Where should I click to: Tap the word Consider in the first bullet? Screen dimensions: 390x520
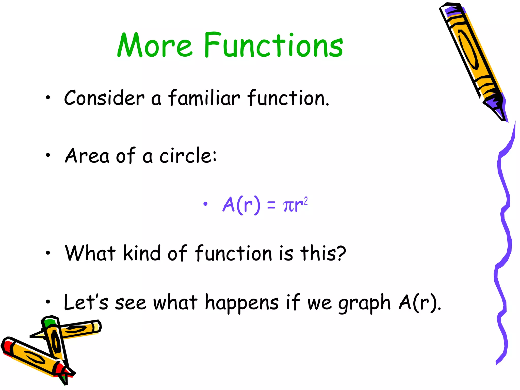click(104, 98)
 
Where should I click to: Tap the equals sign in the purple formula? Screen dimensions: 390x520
click(271, 205)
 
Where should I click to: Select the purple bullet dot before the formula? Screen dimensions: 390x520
click(205, 204)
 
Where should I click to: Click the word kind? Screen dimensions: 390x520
click(142, 253)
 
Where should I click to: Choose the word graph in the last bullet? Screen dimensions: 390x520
click(364, 303)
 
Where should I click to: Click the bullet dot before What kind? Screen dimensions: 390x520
click(48, 253)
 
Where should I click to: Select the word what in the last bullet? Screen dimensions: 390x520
click(175, 303)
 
